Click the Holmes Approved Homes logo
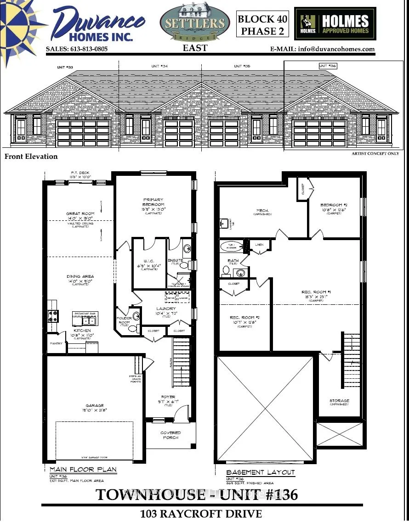point(335,24)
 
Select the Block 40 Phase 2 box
point(262,25)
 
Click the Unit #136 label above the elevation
point(328,66)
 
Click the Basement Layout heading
point(261,472)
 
